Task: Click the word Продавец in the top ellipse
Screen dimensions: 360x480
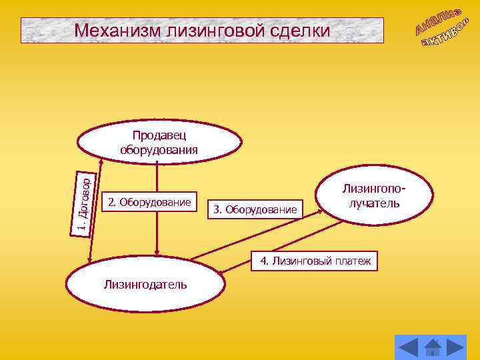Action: [x=159, y=136]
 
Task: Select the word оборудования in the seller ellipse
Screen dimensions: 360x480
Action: [x=159, y=149]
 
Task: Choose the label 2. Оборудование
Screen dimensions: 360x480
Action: [x=149, y=201]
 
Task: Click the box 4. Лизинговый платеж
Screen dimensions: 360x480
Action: [x=315, y=261]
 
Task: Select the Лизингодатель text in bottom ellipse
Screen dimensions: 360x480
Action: [x=145, y=285]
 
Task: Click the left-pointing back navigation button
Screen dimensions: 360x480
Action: [x=408, y=347]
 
